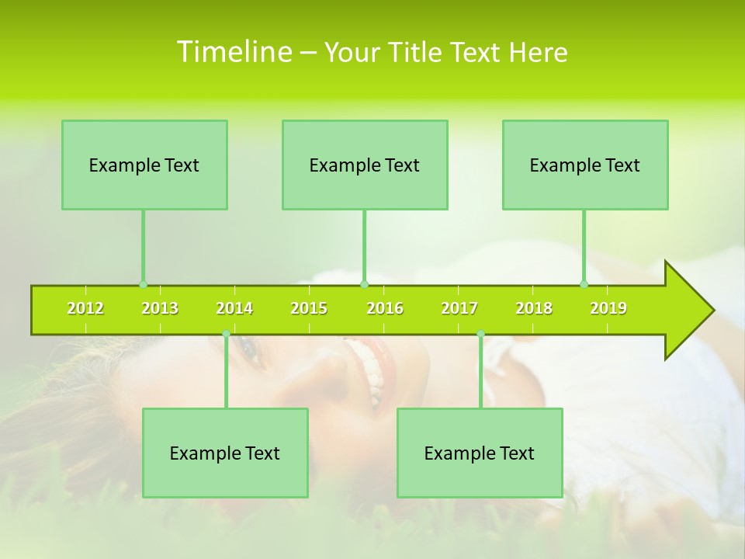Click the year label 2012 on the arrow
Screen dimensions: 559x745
[85, 309]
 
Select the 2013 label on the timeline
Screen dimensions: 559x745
[160, 309]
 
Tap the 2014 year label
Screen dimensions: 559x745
[234, 309]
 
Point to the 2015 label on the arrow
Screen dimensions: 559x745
[309, 309]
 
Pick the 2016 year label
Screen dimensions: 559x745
[385, 309]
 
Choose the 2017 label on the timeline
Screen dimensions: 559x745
[459, 309]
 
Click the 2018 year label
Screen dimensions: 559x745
[534, 309]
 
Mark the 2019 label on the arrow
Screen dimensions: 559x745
[608, 309]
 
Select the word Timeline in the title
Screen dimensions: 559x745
[234, 52]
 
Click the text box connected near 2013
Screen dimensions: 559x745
[144, 165]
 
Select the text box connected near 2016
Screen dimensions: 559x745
[365, 165]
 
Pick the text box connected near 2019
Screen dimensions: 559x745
[585, 165]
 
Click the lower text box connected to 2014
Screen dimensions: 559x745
[225, 453]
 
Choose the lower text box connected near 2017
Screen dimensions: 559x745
[480, 453]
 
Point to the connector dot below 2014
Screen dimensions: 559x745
[226, 334]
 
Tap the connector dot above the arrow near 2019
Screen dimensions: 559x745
[584, 284]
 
